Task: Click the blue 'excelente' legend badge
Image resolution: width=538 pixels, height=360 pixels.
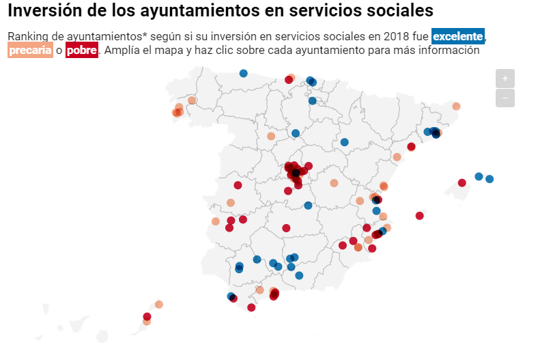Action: [457, 36]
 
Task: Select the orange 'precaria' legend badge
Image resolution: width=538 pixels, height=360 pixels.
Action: [30, 51]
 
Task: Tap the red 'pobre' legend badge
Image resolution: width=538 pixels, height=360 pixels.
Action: [82, 51]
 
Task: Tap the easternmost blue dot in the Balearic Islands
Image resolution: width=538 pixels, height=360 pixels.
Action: [490, 179]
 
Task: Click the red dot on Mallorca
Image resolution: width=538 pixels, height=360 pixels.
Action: [462, 182]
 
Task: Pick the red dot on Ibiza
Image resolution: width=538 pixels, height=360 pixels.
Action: [419, 216]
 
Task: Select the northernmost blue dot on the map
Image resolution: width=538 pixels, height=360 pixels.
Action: [243, 73]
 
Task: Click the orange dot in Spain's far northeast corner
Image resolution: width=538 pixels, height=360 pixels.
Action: [456, 106]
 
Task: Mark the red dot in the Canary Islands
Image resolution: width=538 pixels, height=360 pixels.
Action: [147, 316]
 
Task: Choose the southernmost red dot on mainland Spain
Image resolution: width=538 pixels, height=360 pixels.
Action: [251, 307]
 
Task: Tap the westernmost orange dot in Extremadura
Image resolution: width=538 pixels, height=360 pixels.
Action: [216, 221]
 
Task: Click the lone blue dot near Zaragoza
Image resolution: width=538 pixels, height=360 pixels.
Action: [345, 142]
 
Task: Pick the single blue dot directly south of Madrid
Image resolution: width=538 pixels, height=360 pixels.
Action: [308, 206]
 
